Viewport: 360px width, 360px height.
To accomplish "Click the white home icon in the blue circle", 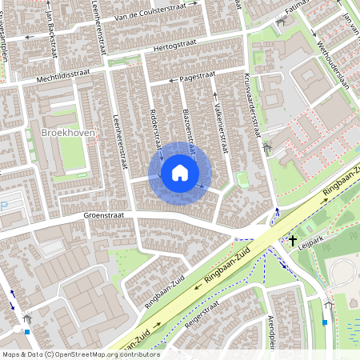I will [180, 173].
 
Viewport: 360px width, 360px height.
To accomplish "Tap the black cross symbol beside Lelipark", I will [293, 239].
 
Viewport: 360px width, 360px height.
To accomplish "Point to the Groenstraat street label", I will [106, 216].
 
